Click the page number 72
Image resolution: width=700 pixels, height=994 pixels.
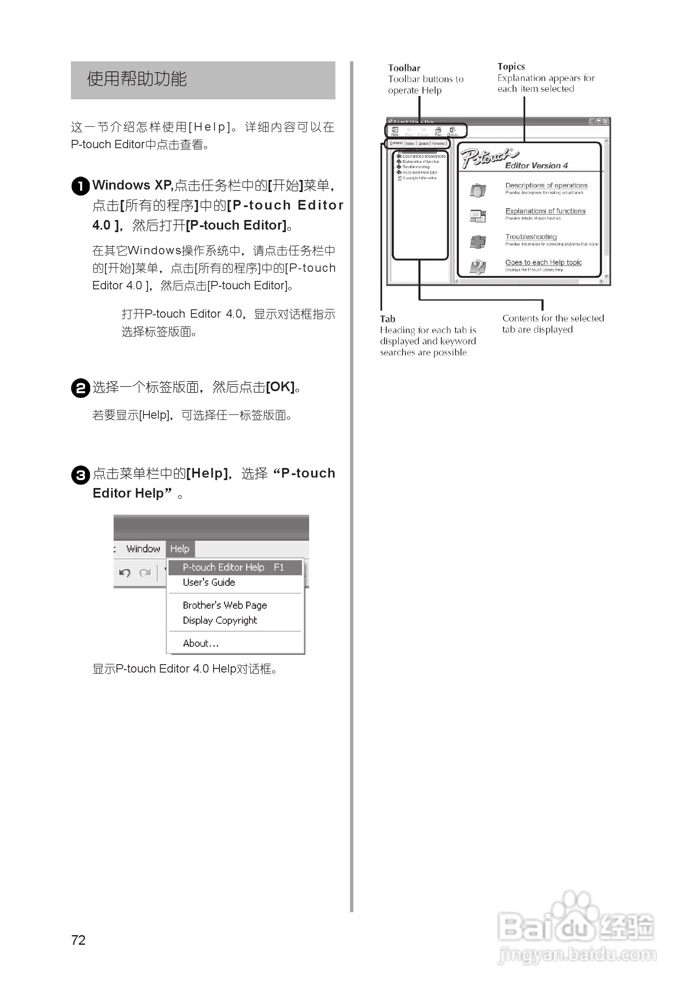click(78, 940)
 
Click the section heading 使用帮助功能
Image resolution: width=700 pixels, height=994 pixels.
click(137, 79)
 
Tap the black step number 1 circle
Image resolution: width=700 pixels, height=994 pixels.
click(81, 186)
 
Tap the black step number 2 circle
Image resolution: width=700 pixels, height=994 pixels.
click(81, 388)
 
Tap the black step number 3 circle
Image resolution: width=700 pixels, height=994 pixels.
click(81, 475)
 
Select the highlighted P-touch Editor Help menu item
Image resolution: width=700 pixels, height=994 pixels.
click(234, 567)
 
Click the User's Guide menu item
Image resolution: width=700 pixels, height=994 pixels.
click(209, 582)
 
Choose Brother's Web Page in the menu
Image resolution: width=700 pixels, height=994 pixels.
click(224, 605)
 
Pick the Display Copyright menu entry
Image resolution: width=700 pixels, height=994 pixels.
click(220, 620)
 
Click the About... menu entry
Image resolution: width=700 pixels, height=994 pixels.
click(201, 643)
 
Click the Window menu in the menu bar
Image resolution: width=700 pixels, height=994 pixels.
click(143, 549)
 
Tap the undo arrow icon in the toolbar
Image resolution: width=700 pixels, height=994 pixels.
click(125, 573)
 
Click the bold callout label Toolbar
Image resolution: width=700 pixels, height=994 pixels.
click(404, 68)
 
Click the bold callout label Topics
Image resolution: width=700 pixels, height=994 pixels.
click(511, 67)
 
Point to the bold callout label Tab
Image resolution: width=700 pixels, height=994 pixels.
click(388, 319)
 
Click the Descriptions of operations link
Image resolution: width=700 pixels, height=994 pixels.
click(546, 185)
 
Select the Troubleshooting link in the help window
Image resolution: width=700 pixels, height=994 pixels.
click(531, 237)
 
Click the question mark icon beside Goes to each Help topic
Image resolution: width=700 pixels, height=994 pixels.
click(478, 267)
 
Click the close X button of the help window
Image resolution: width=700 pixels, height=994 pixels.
click(606, 121)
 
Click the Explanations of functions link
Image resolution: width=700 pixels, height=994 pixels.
click(545, 211)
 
